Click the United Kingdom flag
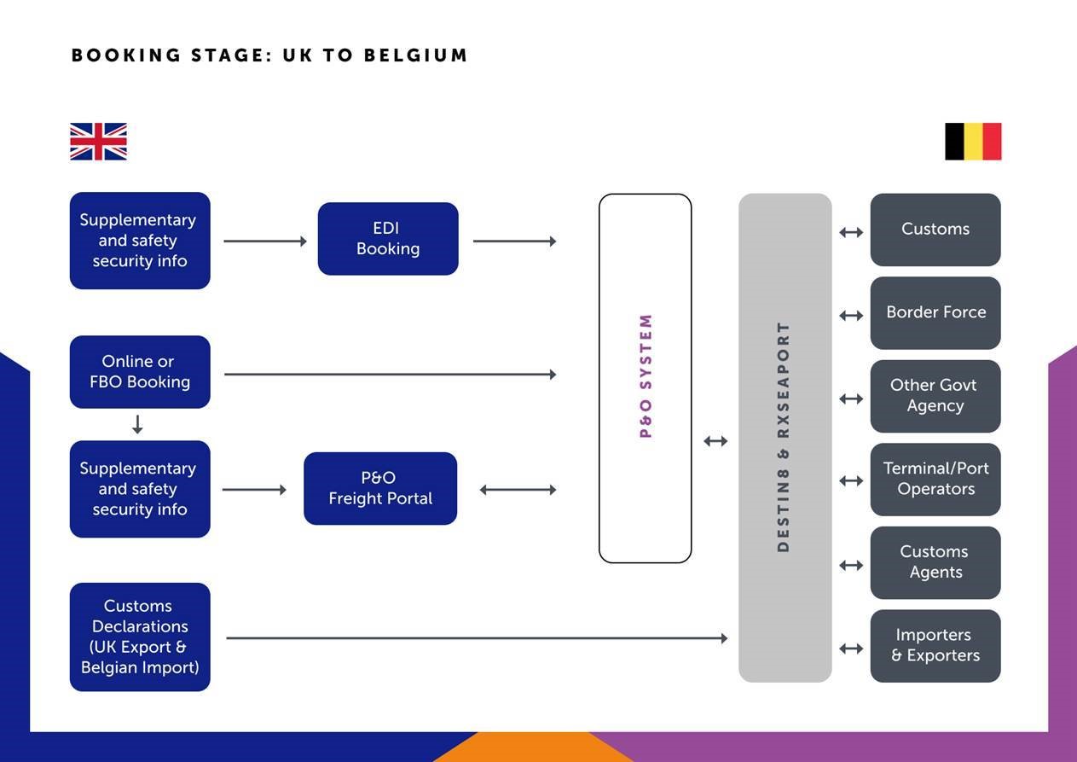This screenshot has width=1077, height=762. [x=99, y=142]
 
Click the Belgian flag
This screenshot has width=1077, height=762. [x=973, y=142]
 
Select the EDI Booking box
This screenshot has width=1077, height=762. [x=388, y=239]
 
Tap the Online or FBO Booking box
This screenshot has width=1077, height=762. [x=140, y=372]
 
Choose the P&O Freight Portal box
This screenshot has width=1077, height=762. [x=380, y=488]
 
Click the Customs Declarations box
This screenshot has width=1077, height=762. [x=140, y=637]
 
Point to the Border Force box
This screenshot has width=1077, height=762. [x=935, y=312]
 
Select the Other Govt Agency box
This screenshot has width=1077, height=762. [x=935, y=396]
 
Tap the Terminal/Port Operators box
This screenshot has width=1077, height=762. [x=935, y=480]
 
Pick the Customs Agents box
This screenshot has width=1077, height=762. [x=935, y=562]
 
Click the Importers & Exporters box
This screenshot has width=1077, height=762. [x=935, y=646]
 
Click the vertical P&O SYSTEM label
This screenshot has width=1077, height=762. [x=646, y=376]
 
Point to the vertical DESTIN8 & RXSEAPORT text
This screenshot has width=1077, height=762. [x=783, y=437]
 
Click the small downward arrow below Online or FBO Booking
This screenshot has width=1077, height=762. [x=137, y=424]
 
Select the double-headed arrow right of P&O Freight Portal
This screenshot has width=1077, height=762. [x=518, y=490]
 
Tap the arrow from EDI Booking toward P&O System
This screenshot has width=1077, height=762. [x=514, y=241]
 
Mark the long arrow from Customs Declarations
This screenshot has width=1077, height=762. [x=477, y=638]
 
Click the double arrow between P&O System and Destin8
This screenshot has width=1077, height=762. [x=715, y=441]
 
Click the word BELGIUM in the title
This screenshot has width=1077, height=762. [x=415, y=55]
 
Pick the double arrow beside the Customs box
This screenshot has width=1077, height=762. [x=851, y=232]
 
